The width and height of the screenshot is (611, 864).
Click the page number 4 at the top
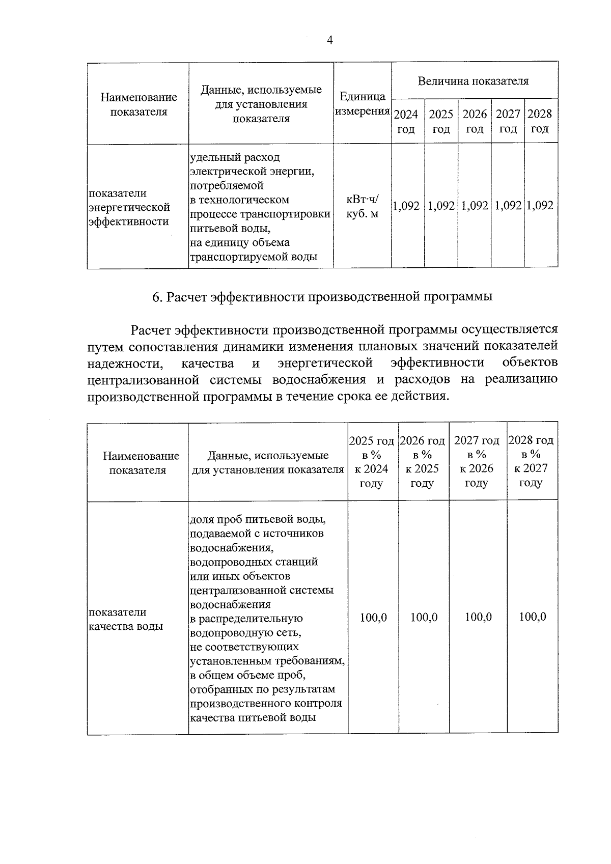click(x=330, y=41)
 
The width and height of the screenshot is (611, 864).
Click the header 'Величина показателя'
click(x=473, y=81)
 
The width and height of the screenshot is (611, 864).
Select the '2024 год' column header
click(x=406, y=121)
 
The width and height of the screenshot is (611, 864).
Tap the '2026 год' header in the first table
click(x=474, y=121)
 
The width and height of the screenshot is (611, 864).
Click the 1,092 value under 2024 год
click(x=407, y=206)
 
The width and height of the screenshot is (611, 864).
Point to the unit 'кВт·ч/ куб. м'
click(x=362, y=207)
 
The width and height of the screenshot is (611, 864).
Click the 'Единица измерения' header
click(x=362, y=104)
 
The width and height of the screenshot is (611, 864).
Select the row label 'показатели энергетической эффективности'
click(x=129, y=207)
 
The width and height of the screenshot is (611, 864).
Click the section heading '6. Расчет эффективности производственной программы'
click(x=322, y=297)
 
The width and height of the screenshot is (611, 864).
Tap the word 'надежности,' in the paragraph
click(x=125, y=363)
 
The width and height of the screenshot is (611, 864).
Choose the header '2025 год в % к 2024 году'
click(x=372, y=462)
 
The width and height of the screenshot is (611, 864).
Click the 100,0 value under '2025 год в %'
click(x=373, y=618)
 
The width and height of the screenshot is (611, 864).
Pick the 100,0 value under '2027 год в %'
click(x=478, y=618)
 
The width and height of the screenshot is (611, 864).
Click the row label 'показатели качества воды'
click(x=125, y=619)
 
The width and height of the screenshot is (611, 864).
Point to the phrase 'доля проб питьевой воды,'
click(x=257, y=520)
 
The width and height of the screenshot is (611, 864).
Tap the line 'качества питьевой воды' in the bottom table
click(x=253, y=718)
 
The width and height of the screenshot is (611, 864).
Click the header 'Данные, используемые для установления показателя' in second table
click(x=268, y=462)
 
